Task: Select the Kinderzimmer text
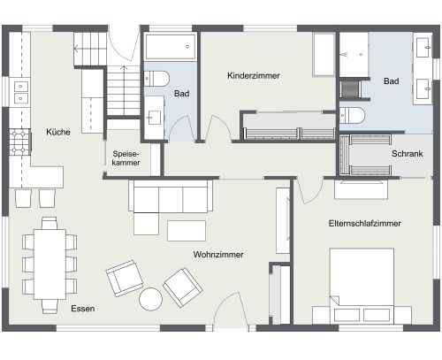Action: [x=253, y=76]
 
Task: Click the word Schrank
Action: [x=407, y=153]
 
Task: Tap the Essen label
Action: [x=83, y=309]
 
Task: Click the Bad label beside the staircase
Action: [x=181, y=93]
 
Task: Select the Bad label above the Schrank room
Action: [x=391, y=81]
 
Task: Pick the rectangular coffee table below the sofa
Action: [x=184, y=231]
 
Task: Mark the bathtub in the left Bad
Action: [x=168, y=47]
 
